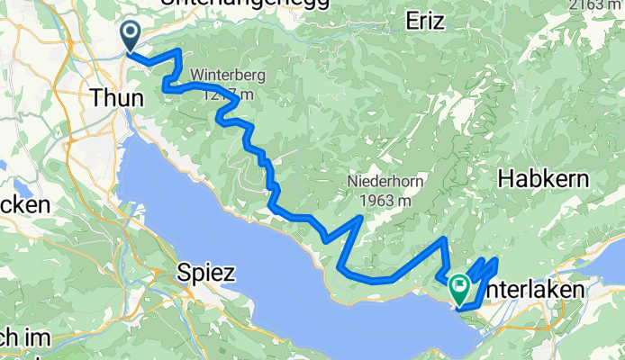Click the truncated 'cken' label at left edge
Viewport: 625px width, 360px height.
click(x=24, y=205)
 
